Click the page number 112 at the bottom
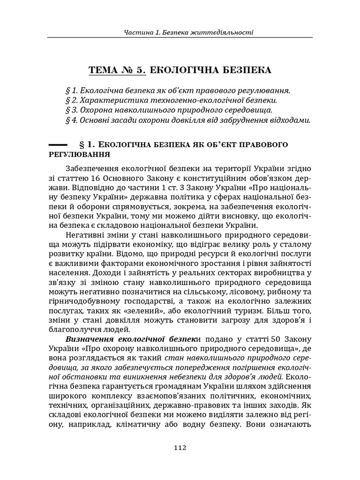coord(180,447)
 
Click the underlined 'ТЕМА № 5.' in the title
coord(118,71)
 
